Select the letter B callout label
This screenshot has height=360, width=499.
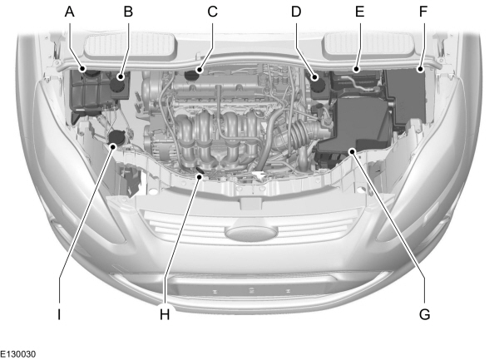coord(128,12)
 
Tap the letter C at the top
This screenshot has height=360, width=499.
coord(212,12)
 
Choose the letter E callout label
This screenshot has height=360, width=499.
coord(360,12)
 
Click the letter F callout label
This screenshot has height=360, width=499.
coord(423,12)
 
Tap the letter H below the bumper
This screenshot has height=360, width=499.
coord(165,315)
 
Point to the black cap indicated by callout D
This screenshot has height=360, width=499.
coord(317,81)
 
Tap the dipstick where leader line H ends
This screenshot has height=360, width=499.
coord(199,173)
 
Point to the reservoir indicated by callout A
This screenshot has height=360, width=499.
coord(88,87)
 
